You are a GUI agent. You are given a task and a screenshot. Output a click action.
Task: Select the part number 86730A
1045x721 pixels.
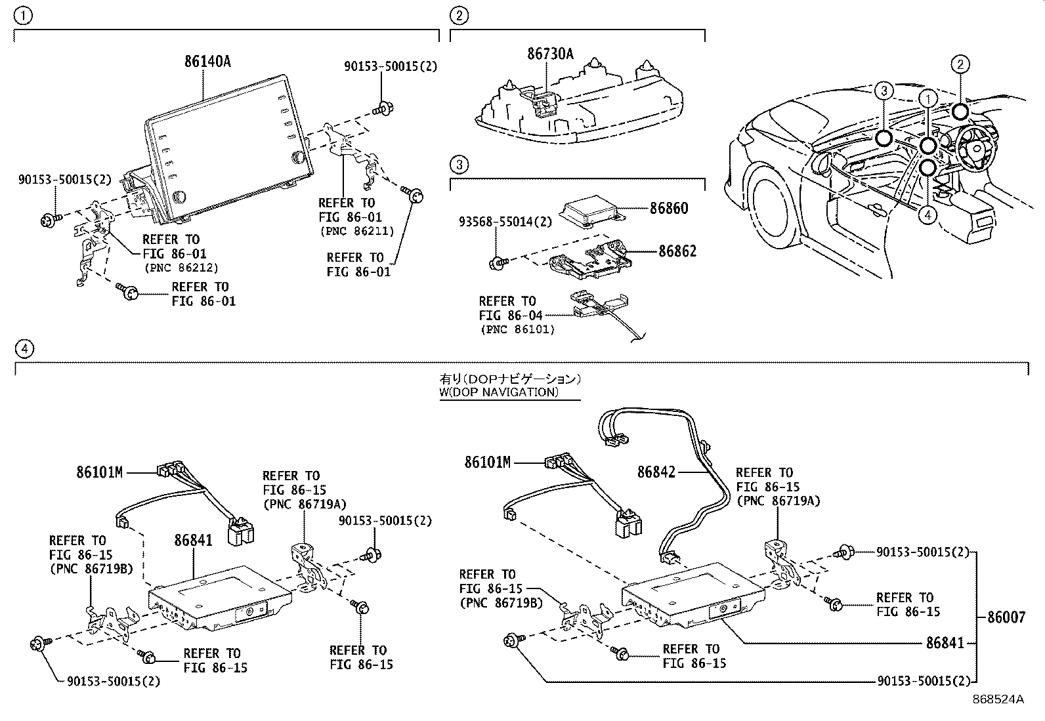[551, 54]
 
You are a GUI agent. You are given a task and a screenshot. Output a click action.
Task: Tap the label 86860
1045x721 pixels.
[669, 209]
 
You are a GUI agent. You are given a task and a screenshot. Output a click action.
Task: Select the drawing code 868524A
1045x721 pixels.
[998, 699]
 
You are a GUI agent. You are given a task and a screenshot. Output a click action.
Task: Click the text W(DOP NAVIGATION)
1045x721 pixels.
[499, 392]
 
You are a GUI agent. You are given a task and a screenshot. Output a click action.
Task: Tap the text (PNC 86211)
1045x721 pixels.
[357, 231]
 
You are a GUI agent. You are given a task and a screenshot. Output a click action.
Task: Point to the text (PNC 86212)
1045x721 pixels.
[181, 268]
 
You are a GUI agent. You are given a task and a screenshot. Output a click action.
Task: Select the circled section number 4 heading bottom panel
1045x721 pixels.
[24, 349]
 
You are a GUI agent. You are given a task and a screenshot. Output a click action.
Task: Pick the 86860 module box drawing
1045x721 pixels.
[592, 211]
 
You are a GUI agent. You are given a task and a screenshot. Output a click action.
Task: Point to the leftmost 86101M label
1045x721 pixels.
[99, 472]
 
